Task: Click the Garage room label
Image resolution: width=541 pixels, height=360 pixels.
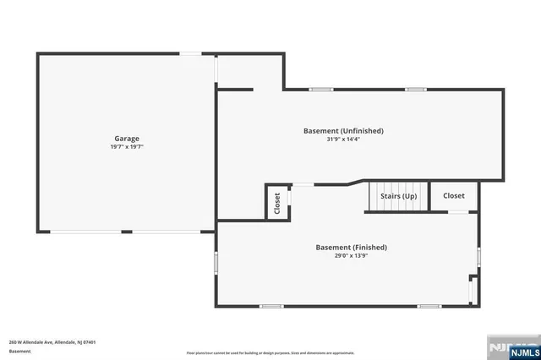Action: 127,138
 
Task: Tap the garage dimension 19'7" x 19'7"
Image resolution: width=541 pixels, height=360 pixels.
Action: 127,146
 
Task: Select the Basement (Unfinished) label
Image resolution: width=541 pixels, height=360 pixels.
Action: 343,131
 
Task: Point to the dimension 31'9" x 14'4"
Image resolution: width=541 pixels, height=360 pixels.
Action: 343,139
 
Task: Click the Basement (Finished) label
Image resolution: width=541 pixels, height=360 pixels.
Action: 351,247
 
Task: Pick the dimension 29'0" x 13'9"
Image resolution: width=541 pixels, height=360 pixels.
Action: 351,255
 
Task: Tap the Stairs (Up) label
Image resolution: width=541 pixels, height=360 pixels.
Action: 398,196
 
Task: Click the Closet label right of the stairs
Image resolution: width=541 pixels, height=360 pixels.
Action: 454,195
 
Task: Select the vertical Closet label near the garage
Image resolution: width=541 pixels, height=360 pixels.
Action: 277,203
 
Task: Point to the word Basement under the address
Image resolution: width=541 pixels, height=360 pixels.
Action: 19,351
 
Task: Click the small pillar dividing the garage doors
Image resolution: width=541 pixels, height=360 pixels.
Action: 127,232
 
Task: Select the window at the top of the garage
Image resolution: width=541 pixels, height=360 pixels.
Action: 190,54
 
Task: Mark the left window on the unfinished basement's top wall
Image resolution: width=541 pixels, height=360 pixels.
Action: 320,89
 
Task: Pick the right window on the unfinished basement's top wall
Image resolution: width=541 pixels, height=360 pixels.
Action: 414,89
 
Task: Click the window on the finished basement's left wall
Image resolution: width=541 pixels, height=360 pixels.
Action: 216,264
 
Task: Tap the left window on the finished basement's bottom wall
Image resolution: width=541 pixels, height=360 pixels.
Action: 271,306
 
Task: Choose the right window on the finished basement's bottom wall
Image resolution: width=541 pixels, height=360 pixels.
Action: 429,306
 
